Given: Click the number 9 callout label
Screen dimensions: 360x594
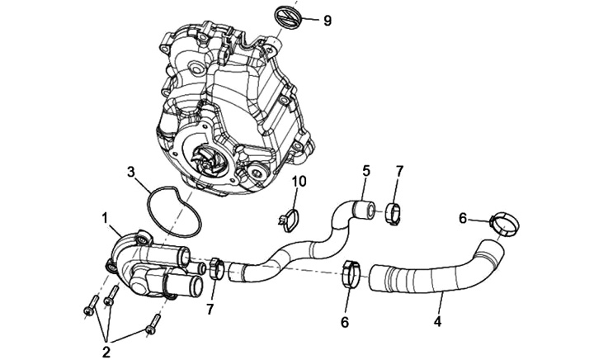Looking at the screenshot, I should (x=327, y=20).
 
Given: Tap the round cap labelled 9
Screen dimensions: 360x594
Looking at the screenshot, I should (x=287, y=17).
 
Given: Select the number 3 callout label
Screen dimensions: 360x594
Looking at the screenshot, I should (x=130, y=173).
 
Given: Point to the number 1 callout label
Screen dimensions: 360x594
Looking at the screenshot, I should (x=106, y=218).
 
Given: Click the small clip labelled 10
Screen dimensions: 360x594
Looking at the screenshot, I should (x=287, y=219).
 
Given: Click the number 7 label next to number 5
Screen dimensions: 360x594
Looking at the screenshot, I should (x=399, y=171).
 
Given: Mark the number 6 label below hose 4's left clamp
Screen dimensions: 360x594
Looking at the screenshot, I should (x=345, y=322).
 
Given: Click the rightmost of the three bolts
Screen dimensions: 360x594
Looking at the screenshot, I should (x=150, y=329).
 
